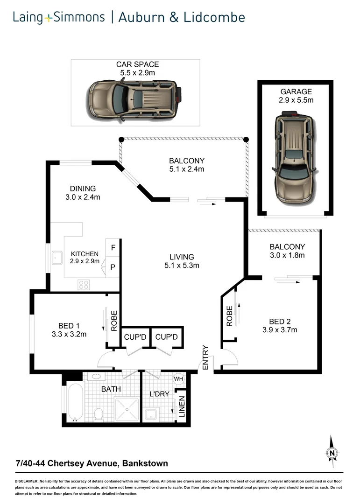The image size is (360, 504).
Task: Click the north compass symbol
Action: pos(332,452)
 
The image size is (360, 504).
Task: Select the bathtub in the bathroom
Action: pos(75,402)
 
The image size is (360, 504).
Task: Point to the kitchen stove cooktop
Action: pos(84,284)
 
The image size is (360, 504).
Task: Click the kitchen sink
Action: pos(57,257)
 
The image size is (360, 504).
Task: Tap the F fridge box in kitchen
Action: pos(113,245)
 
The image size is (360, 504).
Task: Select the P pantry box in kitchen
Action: pos(113,267)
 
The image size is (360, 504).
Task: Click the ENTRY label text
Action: pos(205,357)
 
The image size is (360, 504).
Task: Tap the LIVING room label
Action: pos(182,257)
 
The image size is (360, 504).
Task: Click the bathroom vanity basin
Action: pos(97,377)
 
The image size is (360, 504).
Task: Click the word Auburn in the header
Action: pos(147,18)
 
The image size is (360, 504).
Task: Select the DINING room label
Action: pos(83,189)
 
